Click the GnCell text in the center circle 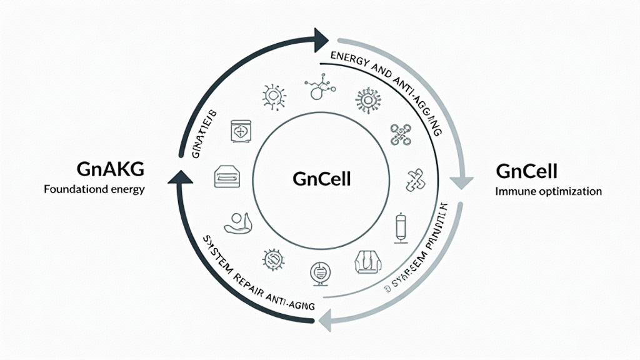tap(321, 179)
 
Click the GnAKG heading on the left tap(109, 169)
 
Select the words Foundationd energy tap(94, 189)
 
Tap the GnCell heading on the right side tap(526, 171)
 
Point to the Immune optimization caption tap(548, 191)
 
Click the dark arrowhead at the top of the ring tap(322, 38)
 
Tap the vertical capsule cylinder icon tap(399, 229)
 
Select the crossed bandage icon tap(415, 179)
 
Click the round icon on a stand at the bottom tap(318, 273)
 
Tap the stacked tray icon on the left tap(227, 176)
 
